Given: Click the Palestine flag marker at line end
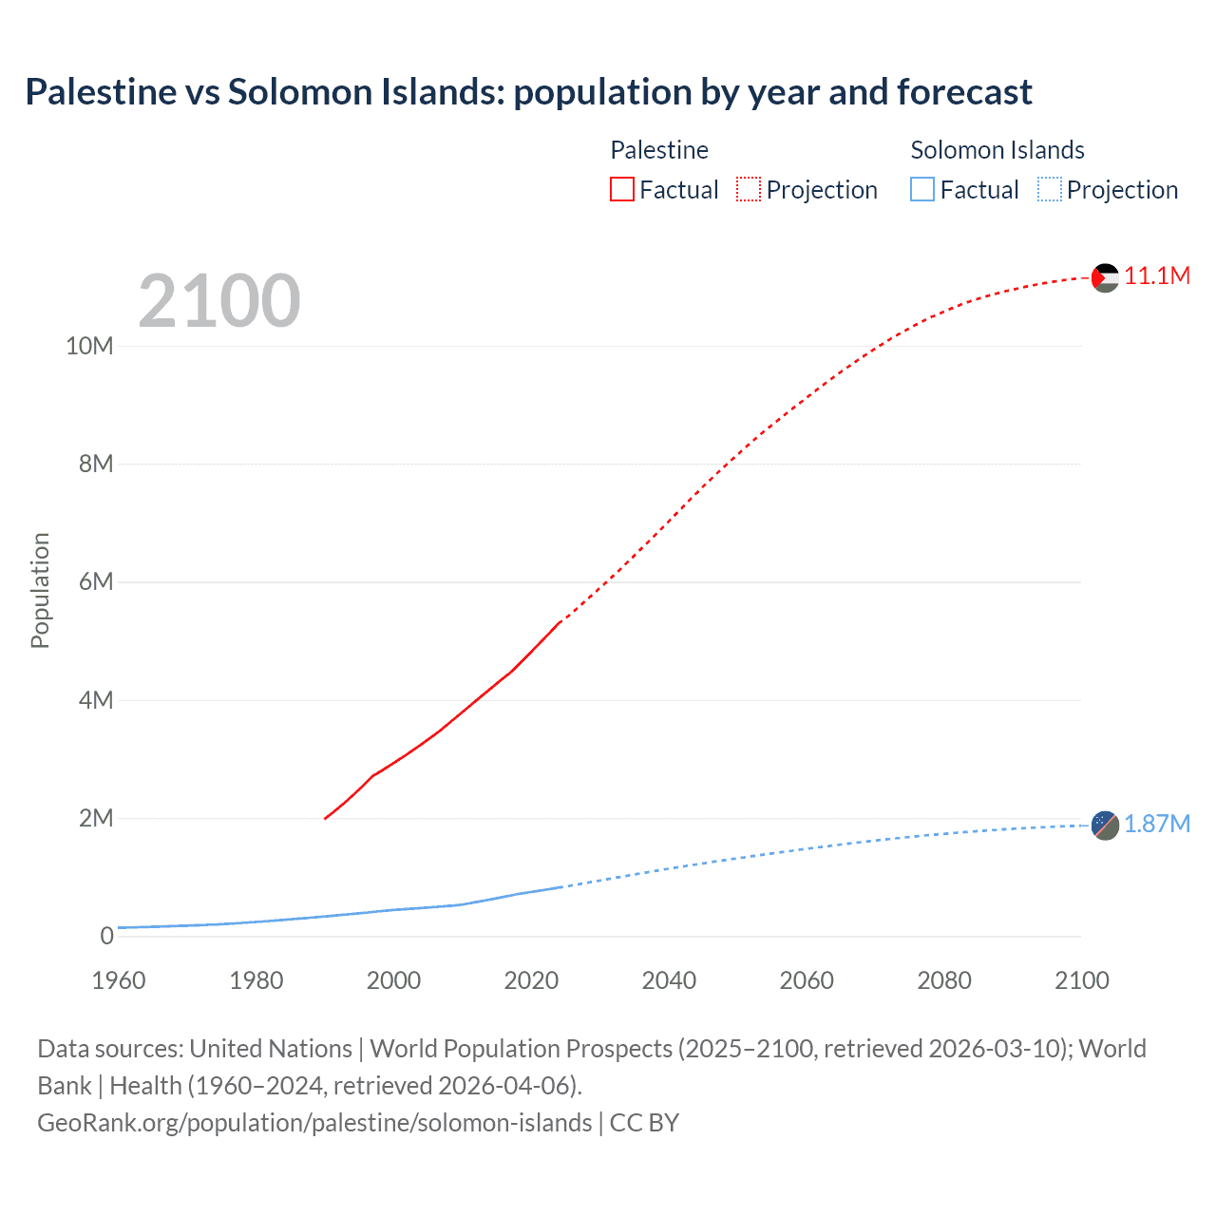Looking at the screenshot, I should coord(1105,277).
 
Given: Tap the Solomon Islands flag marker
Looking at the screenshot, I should coord(1105,826).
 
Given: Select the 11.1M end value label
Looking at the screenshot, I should coord(1156,276).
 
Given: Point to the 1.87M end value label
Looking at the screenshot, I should coord(1156,824).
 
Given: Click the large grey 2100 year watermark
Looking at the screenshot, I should coord(219,301).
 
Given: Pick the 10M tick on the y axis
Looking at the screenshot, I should coord(89,346).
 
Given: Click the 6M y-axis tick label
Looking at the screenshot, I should coord(96,581).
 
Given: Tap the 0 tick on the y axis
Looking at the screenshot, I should coord(106,936).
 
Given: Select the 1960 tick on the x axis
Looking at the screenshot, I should coord(119,980).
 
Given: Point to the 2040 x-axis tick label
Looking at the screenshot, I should coord(669,980).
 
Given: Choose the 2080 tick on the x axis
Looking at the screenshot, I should coord(944,980).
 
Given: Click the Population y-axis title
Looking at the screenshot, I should coord(40,590).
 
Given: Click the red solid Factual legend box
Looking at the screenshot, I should coord(622,190).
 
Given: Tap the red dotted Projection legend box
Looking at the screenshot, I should coord(749,190).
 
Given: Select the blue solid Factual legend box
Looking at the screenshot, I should coord(922,190).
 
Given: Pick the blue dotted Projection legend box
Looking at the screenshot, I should coord(1049,190).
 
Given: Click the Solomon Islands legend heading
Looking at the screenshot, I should coord(997,150).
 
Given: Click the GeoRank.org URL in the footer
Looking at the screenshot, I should coord(314,1122).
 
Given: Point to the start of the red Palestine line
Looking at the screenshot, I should coord(326,818).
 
